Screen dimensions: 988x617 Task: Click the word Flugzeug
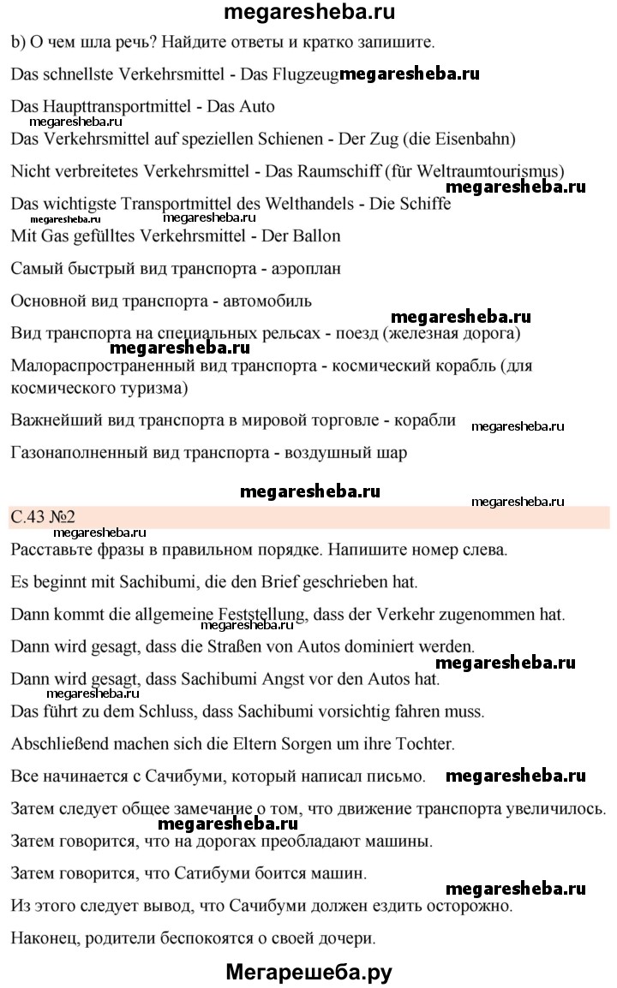(x=306, y=74)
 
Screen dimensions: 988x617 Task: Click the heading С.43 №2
(x=44, y=517)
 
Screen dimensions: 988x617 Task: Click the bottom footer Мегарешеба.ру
(x=308, y=972)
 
